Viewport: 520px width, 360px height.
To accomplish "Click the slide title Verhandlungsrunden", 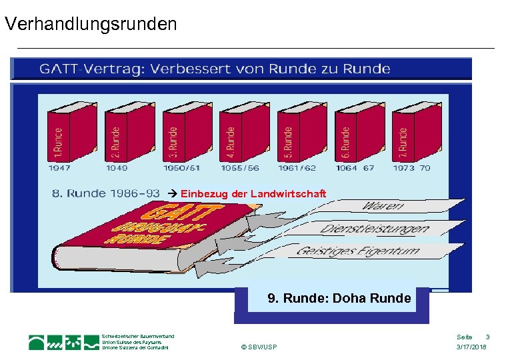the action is (x=91, y=25).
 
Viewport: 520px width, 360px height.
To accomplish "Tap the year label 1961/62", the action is (x=297, y=168).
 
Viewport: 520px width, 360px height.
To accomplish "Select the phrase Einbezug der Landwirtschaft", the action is (x=253, y=193).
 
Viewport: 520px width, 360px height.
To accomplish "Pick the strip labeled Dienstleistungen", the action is (x=373, y=229).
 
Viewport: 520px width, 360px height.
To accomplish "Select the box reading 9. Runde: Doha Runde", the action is (x=339, y=299).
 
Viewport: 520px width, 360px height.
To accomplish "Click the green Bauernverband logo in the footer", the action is (x=64, y=342).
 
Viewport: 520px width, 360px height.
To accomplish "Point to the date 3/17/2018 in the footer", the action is (x=471, y=348).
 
